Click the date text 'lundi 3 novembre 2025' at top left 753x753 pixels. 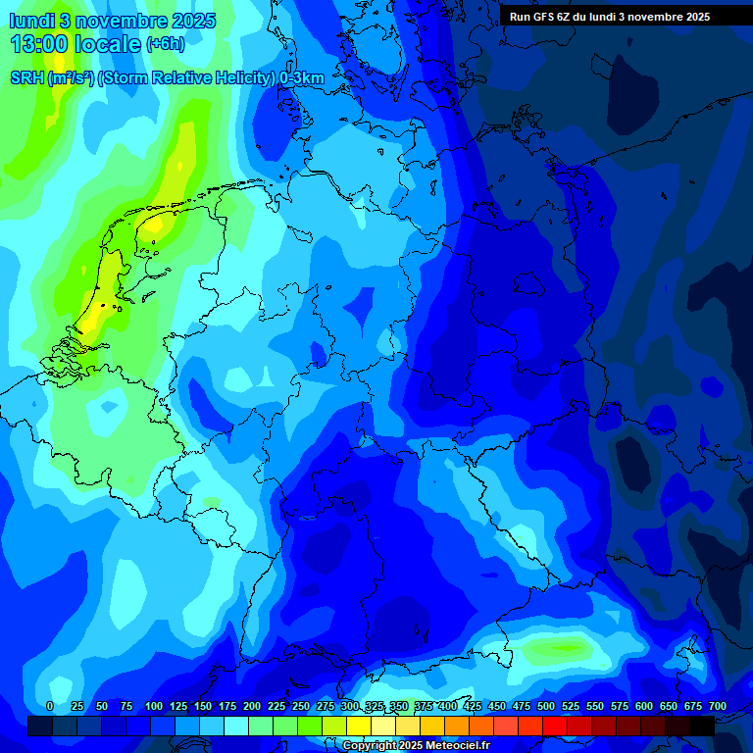112,21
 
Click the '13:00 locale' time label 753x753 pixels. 75,44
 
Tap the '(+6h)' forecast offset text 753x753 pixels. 165,44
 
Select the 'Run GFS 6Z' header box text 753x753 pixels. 609,17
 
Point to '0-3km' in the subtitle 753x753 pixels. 302,77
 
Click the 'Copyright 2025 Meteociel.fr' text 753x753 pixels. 416,746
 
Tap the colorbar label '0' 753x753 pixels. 50,706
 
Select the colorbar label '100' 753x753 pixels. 154,706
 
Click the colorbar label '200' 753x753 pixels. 252,706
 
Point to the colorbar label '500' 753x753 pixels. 546,706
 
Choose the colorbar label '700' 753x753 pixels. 718,706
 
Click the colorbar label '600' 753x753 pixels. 644,706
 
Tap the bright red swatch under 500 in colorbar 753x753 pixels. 555,726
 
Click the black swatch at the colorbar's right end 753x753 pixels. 702,726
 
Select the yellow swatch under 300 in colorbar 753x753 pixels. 359,726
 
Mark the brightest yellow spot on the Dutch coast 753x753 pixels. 93,319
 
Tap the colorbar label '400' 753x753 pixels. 448,706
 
